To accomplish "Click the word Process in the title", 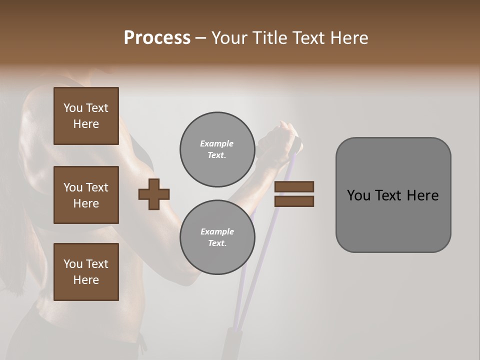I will [157, 38].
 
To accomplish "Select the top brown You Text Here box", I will [86, 116].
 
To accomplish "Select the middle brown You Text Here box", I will [86, 195].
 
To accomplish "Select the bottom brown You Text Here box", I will [86, 271].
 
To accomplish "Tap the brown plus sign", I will [154, 194].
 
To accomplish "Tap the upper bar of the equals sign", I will [294, 186].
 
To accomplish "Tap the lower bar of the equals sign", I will [294, 201].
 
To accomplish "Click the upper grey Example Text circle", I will [217, 149].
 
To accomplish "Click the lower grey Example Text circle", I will [217, 237].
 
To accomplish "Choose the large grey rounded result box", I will [393, 195].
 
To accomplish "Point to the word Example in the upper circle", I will [217, 143].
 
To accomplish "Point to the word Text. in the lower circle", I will [217, 243].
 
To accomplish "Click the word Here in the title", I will [348, 38].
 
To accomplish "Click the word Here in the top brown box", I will [86, 124].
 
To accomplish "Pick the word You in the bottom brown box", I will [73, 263].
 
